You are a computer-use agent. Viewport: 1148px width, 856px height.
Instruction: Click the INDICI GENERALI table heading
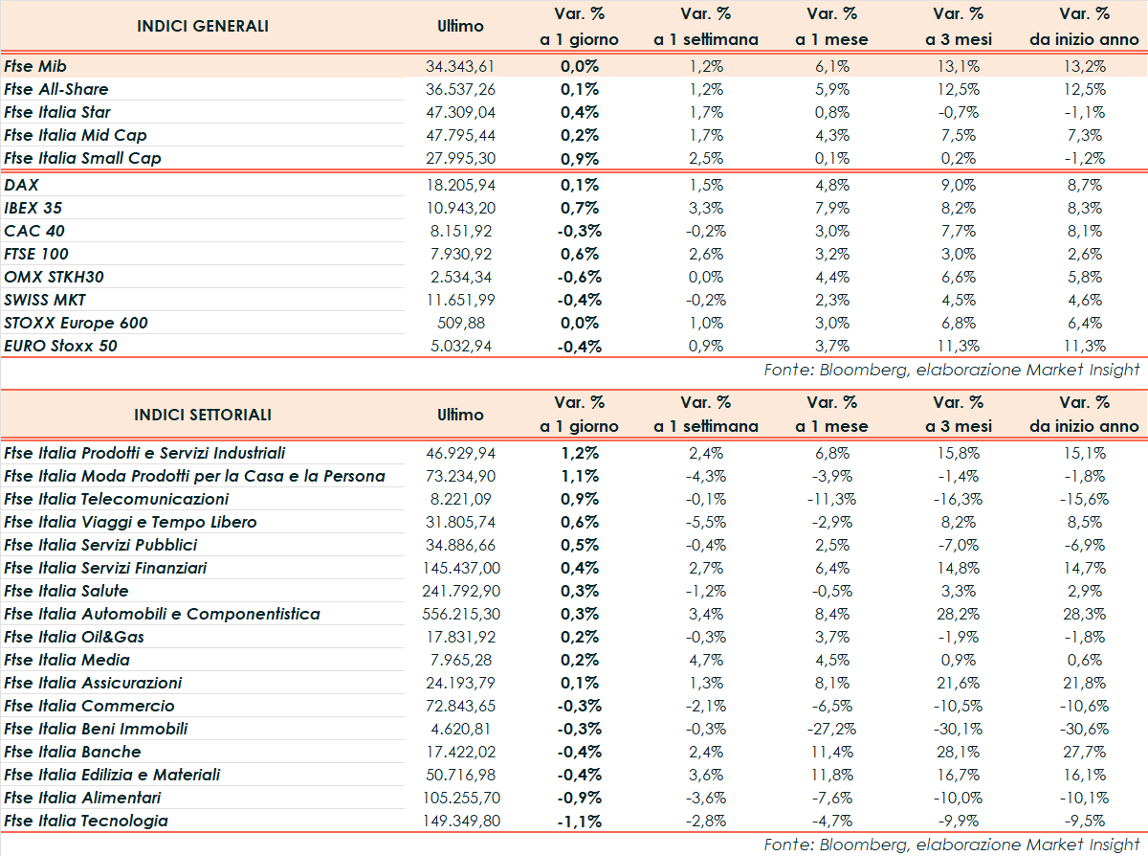(203, 26)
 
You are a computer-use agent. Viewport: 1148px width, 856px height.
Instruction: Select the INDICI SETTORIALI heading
(203, 415)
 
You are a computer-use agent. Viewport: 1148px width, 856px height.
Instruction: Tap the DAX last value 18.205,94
(461, 185)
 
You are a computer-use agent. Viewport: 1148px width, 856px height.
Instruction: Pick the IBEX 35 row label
(33, 208)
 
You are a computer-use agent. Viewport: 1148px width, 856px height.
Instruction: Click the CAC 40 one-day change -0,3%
(579, 231)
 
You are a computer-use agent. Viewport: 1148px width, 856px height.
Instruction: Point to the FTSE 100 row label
(35, 254)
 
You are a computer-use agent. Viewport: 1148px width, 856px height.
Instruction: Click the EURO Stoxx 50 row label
(61, 346)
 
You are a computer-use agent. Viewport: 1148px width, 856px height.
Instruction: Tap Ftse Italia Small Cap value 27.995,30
(461, 158)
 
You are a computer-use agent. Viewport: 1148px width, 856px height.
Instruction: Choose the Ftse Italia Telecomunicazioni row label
(117, 499)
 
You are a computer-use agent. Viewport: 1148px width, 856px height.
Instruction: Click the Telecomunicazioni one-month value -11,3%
(832, 499)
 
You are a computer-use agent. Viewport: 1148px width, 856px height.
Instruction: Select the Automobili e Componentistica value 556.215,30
(461, 614)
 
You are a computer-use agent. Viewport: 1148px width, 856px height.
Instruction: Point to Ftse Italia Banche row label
(73, 752)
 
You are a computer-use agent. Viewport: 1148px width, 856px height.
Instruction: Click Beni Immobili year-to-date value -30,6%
(1084, 729)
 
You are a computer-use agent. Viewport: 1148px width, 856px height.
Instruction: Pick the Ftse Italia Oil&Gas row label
(75, 637)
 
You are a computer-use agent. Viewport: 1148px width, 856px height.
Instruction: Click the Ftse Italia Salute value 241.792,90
(461, 591)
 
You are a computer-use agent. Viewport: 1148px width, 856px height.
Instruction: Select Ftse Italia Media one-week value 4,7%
(706, 660)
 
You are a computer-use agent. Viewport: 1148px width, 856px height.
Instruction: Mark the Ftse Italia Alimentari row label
(82, 798)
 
